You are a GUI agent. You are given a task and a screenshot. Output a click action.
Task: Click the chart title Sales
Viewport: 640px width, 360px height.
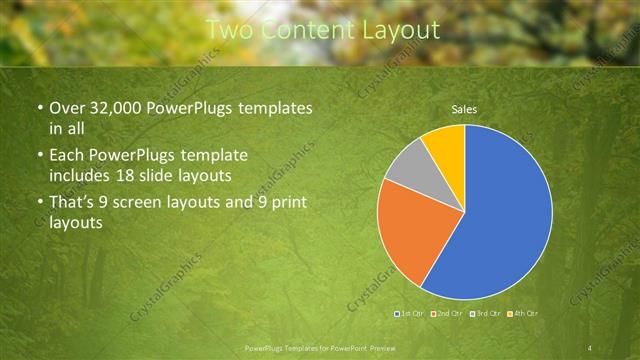464,109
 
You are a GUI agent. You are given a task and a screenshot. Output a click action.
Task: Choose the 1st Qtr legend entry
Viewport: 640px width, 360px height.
410,314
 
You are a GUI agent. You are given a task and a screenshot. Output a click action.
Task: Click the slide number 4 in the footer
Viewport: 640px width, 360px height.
590,347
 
